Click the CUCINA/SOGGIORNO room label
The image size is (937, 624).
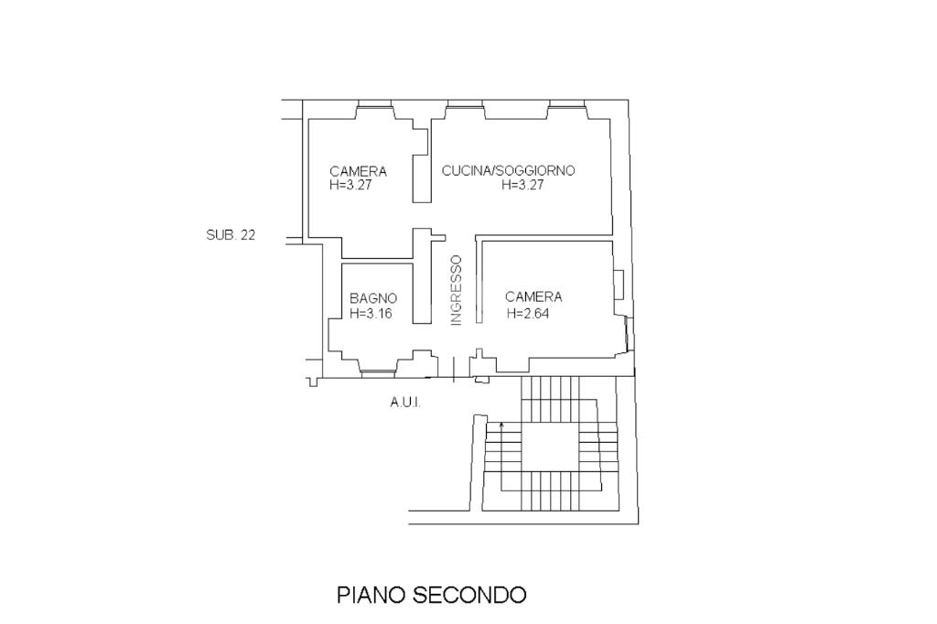(x=508, y=170)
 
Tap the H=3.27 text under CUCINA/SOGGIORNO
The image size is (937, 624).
(x=522, y=184)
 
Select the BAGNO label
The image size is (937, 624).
(x=373, y=298)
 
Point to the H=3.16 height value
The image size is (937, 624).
(x=371, y=313)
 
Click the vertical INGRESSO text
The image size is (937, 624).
(x=456, y=290)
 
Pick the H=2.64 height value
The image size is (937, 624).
(x=527, y=313)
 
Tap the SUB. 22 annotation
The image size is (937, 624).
(x=231, y=234)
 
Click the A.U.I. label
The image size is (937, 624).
(x=404, y=403)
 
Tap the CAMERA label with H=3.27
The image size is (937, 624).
(x=358, y=171)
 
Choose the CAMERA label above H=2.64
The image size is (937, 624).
(x=533, y=296)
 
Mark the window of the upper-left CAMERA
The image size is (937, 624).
(x=374, y=105)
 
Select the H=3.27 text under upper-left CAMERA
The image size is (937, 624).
(x=350, y=184)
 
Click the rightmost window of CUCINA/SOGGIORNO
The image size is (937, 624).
(x=566, y=105)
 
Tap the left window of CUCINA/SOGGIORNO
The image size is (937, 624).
(x=464, y=105)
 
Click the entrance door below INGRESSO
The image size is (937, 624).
(x=454, y=369)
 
